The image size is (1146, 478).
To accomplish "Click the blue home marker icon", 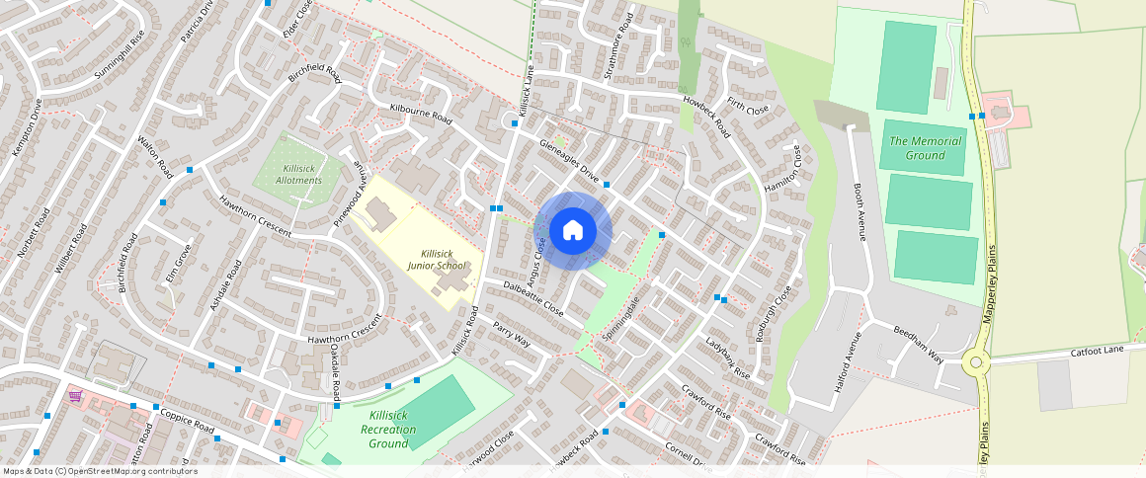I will [x=573, y=231].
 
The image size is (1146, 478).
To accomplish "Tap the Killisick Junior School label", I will [x=437, y=260].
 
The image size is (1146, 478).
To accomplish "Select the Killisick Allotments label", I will [x=297, y=175].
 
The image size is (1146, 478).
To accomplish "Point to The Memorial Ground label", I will [x=925, y=148].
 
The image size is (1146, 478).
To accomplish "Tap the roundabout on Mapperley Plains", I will [x=978, y=362].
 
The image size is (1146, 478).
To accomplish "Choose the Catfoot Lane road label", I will [x=1098, y=351].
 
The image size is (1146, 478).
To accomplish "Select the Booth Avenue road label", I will [x=859, y=211].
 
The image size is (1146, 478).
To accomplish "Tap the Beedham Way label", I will [x=918, y=343].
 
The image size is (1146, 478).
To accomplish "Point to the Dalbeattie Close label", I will [x=533, y=298].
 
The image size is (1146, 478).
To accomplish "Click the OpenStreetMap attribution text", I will [x=99, y=471].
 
